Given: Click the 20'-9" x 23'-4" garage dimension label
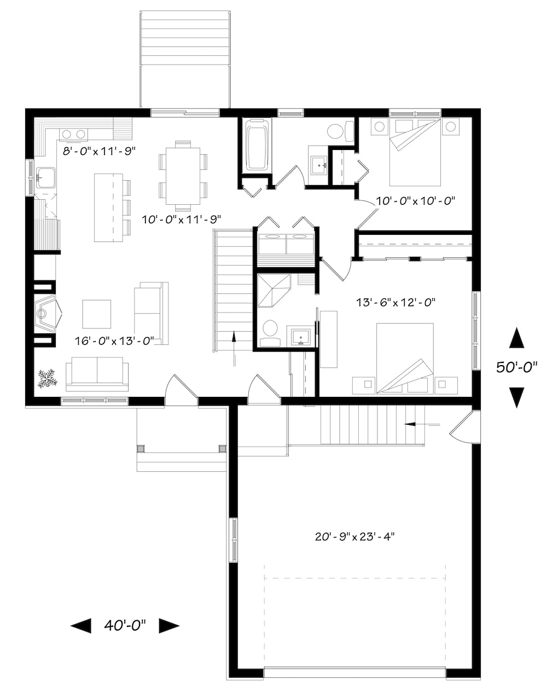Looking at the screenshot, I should (355, 536).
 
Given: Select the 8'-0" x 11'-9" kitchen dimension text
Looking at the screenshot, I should (98, 151).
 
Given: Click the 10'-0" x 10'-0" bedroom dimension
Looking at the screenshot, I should (416, 201).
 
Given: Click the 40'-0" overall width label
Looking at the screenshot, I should (125, 625).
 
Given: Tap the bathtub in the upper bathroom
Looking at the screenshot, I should (255, 148).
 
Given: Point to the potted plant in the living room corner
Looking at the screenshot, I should (47, 378).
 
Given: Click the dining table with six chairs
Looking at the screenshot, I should (183, 176).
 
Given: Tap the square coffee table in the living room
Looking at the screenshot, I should (96, 314).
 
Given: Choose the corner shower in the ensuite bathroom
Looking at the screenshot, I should (274, 291).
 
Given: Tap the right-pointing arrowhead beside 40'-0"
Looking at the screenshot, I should (169, 626).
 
